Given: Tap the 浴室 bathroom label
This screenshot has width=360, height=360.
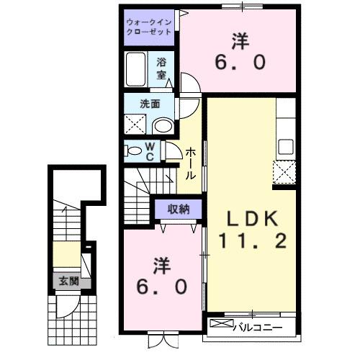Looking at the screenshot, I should [x=163, y=68].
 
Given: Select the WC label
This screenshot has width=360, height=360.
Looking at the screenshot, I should [x=151, y=151].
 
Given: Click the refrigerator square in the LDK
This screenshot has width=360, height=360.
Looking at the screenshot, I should [x=285, y=171].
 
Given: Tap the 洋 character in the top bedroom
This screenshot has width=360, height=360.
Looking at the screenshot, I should [x=239, y=40].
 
